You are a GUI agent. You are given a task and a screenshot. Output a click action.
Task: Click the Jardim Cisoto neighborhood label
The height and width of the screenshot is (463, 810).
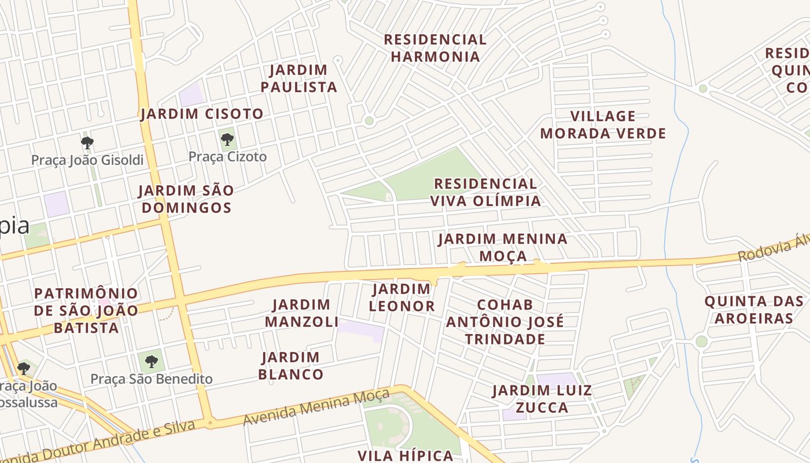click(x=202, y=114)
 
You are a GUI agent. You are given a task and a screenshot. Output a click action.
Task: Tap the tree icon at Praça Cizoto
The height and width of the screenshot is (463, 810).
click(x=227, y=139)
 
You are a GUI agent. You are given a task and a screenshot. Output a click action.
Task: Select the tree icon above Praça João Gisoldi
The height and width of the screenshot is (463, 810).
click(x=87, y=142)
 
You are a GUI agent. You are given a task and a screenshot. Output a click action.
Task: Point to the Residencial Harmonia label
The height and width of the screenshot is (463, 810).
click(x=435, y=48)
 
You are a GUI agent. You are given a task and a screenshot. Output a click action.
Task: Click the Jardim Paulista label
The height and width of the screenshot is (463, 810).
click(x=299, y=79)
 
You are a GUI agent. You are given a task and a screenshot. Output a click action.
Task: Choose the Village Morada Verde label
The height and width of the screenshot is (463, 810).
click(x=603, y=125)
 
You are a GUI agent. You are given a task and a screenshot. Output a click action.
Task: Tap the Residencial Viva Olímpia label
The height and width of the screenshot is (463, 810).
click(x=485, y=192)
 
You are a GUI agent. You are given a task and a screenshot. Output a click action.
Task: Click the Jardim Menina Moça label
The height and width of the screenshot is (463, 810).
click(x=503, y=247)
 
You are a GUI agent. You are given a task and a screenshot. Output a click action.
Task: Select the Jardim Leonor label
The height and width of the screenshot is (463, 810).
click(x=402, y=297)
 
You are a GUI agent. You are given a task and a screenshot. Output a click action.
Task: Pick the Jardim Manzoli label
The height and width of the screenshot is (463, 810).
click(x=301, y=313)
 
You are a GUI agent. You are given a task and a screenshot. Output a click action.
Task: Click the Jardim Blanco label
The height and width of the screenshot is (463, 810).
click(x=291, y=366)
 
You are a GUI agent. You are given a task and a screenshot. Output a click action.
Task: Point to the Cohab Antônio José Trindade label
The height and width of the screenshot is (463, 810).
click(x=505, y=322)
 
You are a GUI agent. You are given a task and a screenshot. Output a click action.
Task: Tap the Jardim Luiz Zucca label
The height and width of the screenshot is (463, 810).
click(x=542, y=399)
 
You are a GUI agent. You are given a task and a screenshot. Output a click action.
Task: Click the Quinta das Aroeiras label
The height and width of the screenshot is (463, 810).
click(x=754, y=310)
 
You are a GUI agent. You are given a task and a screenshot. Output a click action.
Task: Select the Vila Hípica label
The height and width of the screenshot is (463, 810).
click(x=406, y=455)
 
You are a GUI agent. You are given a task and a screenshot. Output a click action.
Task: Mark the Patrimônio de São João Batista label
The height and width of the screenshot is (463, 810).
click(x=86, y=310)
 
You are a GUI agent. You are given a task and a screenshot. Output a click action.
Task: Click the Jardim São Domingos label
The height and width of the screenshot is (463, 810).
click(x=186, y=199)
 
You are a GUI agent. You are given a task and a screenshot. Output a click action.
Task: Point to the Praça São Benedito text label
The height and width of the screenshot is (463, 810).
click(x=152, y=379)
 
